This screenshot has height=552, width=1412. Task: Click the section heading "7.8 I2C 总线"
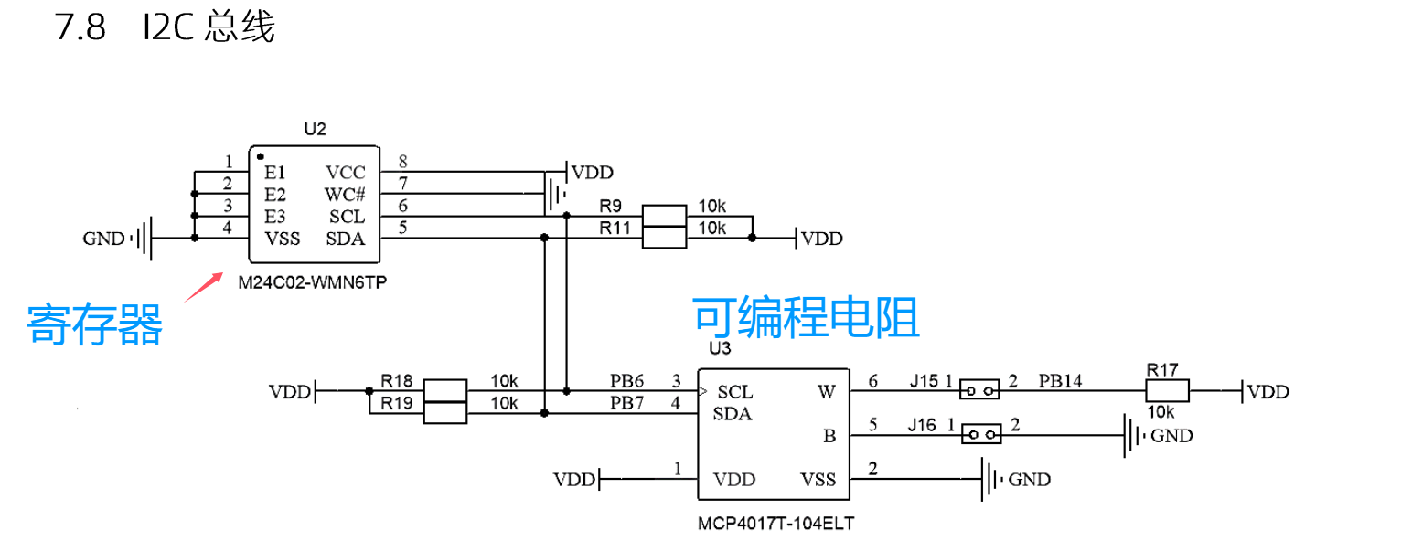(x=165, y=27)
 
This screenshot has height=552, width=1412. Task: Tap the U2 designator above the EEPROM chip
(x=316, y=129)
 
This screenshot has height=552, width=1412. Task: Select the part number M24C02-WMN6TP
(x=313, y=282)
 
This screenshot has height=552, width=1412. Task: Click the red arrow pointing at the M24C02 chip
(x=204, y=287)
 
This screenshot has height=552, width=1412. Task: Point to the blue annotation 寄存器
(x=94, y=324)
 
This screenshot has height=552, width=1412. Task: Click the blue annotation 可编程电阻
(x=807, y=318)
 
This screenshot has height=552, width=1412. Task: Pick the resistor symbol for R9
(x=665, y=216)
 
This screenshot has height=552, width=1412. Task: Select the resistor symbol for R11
(x=665, y=238)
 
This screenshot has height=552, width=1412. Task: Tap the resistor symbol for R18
(x=445, y=390)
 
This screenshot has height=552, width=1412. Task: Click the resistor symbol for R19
(x=445, y=413)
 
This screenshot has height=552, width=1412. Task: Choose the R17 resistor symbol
(x=1168, y=390)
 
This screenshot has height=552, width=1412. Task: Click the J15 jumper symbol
(x=979, y=390)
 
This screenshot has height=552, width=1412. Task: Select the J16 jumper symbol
(x=981, y=434)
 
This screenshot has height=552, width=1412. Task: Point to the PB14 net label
(x=1060, y=381)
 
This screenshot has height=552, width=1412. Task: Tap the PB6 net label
(x=626, y=381)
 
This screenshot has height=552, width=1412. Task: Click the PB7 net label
(x=626, y=403)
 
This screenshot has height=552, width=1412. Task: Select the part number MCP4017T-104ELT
(x=776, y=524)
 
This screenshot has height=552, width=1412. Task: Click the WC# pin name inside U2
(x=345, y=195)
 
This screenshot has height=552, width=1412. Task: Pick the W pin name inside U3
(x=827, y=392)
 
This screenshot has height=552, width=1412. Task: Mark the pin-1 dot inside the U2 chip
(x=261, y=157)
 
